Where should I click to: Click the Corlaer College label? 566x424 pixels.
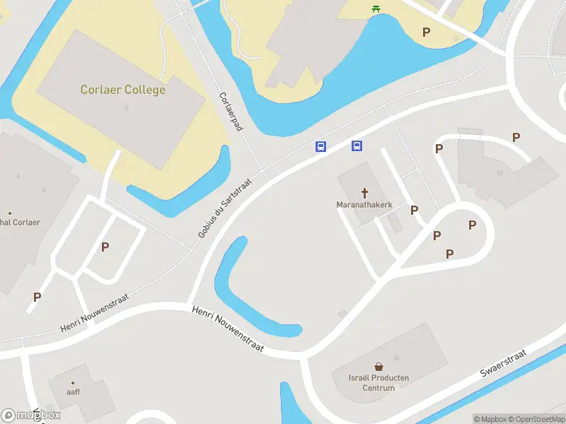123,90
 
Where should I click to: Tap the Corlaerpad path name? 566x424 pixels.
231,111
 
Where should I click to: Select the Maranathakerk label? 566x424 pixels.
364,206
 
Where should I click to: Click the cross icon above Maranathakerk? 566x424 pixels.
365,192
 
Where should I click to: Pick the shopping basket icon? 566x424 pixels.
379,367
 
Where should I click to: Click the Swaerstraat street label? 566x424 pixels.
503,362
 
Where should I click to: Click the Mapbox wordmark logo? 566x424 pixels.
32,416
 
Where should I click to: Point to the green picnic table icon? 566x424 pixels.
376,8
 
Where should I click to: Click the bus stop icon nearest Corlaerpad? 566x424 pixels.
320,146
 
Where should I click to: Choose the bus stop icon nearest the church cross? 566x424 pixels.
357,146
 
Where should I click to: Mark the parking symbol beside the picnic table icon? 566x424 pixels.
426,32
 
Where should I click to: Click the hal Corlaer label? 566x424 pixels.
20,223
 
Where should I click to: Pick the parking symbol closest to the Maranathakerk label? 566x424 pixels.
414,210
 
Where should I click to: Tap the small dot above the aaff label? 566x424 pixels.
72,383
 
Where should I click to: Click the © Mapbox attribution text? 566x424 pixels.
488,420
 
